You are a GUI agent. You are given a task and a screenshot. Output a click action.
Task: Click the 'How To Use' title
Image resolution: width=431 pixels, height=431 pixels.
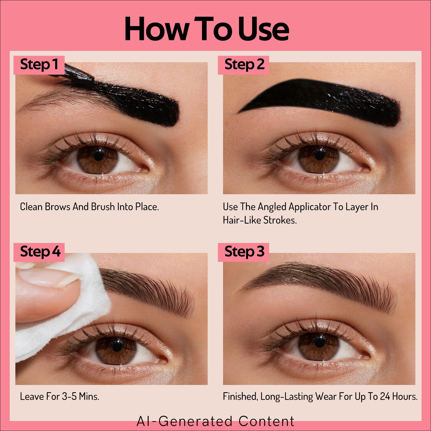pyautogui.click(x=207, y=29)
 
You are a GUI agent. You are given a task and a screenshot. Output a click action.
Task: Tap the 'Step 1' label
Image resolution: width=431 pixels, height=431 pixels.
pyautogui.click(x=39, y=64)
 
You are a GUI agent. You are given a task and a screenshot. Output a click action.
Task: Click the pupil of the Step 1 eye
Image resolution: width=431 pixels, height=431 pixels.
pyautogui.click(x=98, y=155)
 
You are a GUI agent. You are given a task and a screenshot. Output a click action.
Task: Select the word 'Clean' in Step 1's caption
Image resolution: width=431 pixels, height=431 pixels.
pyautogui.click(x=31, y=207)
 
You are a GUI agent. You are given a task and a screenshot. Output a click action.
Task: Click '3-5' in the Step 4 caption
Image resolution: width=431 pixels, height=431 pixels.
pyautogui.click(x=69, y=397)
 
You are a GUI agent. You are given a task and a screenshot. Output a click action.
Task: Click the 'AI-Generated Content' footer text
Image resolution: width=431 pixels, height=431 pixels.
pyautogui.click(x=215, y=421)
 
